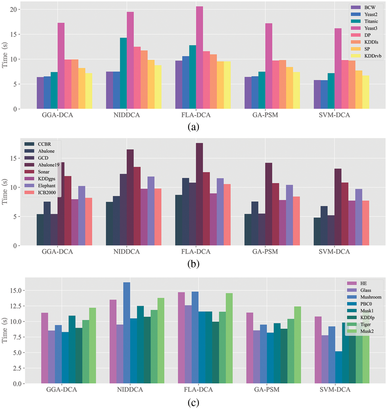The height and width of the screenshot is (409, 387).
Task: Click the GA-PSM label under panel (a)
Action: tap(265, 115)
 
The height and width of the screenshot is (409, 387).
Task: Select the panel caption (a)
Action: tap(193, 127)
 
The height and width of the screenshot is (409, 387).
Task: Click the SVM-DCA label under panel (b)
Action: tap(334, 252)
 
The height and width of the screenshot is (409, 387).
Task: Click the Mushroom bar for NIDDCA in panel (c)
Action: tap(127, 333)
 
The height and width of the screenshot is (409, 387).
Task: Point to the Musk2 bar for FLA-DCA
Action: tap(229, 338)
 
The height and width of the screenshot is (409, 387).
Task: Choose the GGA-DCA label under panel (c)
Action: tap(62, 390)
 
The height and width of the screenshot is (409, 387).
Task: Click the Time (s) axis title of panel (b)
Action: tap(5, 191)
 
